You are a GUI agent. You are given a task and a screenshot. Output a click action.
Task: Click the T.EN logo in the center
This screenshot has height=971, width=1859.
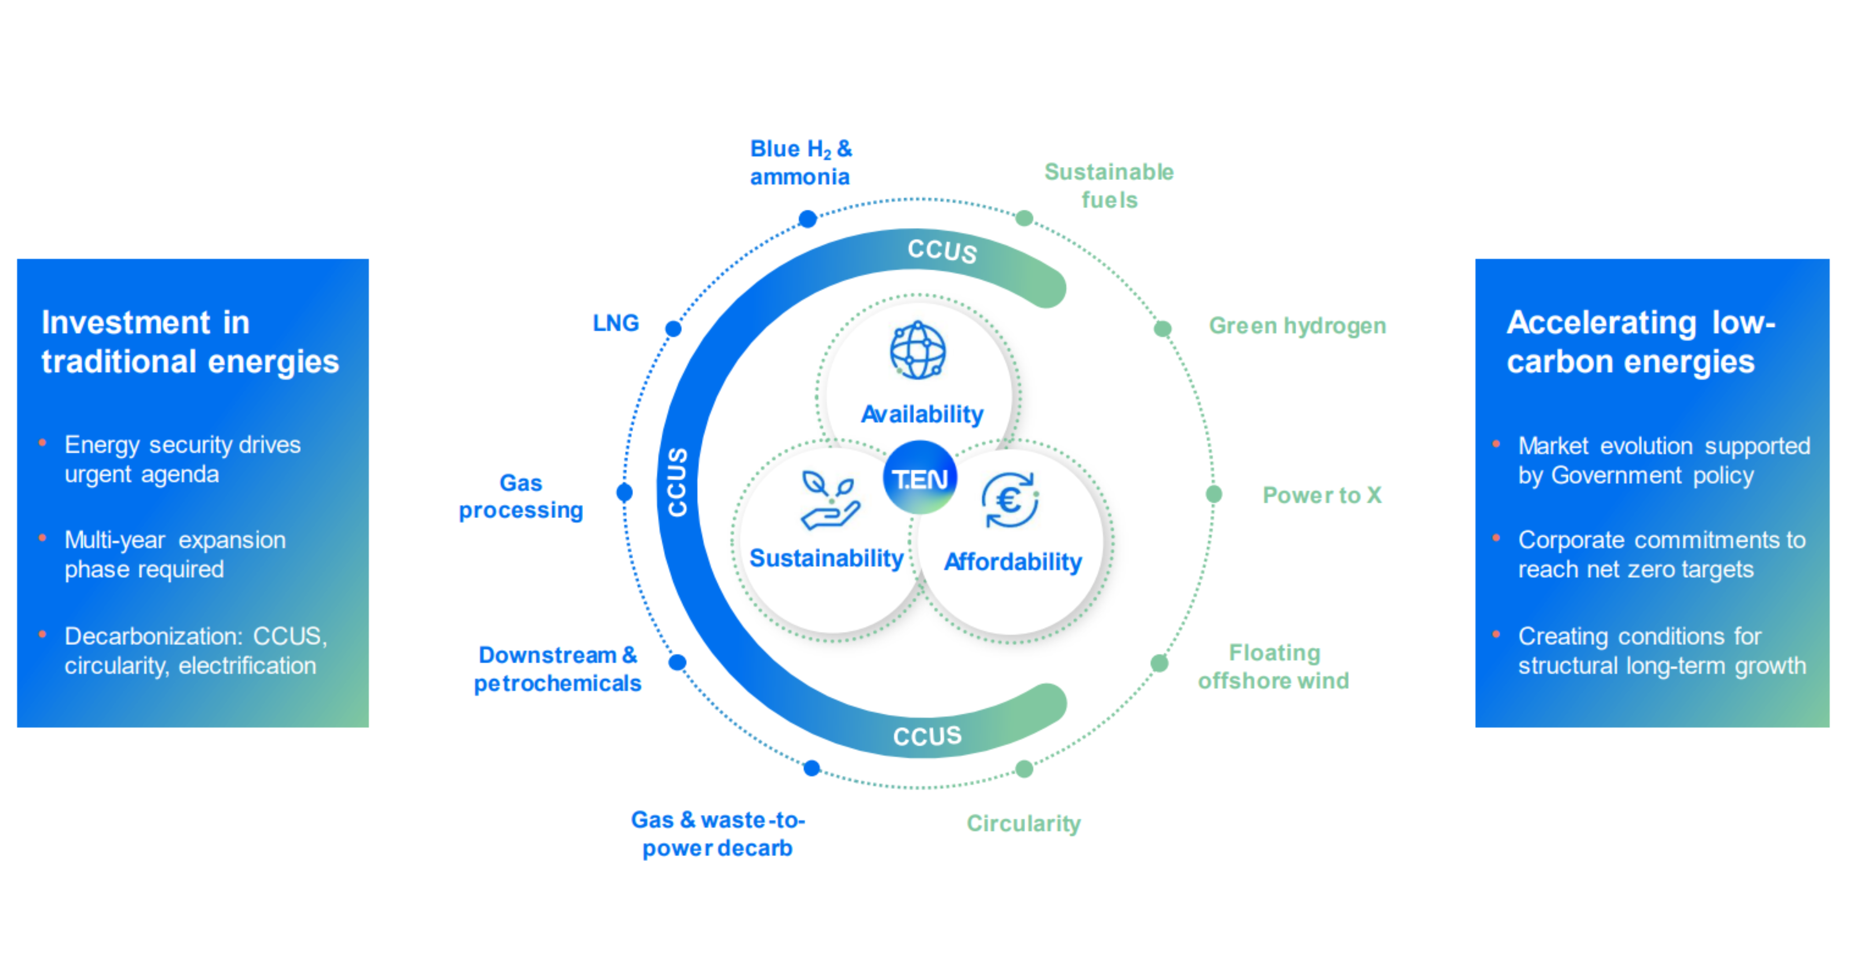[x=920, y=477]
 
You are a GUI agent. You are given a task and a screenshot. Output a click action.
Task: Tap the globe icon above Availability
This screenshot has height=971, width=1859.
[x=917, y=350]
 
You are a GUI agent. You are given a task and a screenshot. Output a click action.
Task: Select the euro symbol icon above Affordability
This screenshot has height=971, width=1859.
[x=1010, y=500]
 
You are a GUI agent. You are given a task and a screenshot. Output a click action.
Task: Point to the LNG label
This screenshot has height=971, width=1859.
[x=616, y=323]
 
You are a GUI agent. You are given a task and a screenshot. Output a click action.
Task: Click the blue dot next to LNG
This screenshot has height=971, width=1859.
[x=673, y=329]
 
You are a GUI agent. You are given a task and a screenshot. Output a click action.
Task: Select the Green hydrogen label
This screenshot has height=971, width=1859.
[x=1297, y=326]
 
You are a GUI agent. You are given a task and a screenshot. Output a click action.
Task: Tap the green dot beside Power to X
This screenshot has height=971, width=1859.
[x=1214, y=494]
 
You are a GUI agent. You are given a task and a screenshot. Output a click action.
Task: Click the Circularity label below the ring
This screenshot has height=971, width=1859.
[x=1023, y=823]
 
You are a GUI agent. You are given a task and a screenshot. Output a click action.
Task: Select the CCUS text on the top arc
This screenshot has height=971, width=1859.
[x=942, y=250]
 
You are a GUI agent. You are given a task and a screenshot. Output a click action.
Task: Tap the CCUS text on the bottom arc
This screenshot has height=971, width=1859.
[x=928, y=736]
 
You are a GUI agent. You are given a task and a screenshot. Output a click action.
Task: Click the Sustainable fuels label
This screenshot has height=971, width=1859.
[x=1109, y=185]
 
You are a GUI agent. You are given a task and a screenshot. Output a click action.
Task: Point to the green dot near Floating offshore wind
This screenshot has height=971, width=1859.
[x=1159, y=663]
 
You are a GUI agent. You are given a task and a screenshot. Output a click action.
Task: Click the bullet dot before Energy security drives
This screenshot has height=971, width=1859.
[x=43, y=443]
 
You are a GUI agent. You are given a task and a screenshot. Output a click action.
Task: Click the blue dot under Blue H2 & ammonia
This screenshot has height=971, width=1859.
[x=808, y=219]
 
